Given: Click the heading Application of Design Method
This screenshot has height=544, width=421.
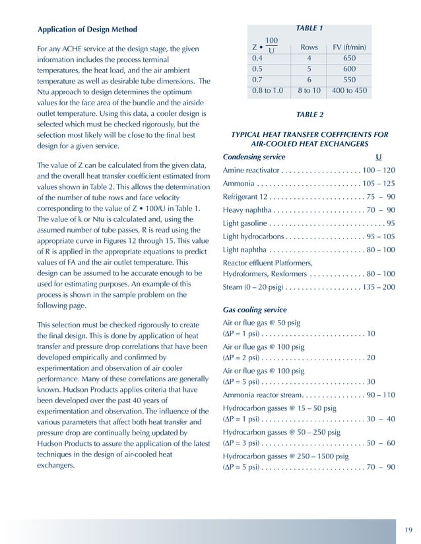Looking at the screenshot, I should click(x=87, y=30).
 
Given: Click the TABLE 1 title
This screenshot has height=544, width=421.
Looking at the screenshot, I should click(x=309, y=28).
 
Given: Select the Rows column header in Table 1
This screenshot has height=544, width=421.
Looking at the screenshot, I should click(x=309, y=47).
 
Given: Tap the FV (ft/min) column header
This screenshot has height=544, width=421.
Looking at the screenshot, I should click(x=349, y=47).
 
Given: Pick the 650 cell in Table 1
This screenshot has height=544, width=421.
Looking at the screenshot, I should click(x=349, y=59).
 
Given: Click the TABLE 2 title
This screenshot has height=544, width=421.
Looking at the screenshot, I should click(x=309, y=115).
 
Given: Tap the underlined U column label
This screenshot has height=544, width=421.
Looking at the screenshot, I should click(x=378, y=157).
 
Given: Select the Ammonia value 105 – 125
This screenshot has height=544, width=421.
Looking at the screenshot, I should click(x=378, y=183).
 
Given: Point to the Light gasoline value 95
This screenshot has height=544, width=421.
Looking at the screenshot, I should click(x=390, y=223).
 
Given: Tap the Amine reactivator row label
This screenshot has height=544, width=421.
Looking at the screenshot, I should click(x=247, y=170).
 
